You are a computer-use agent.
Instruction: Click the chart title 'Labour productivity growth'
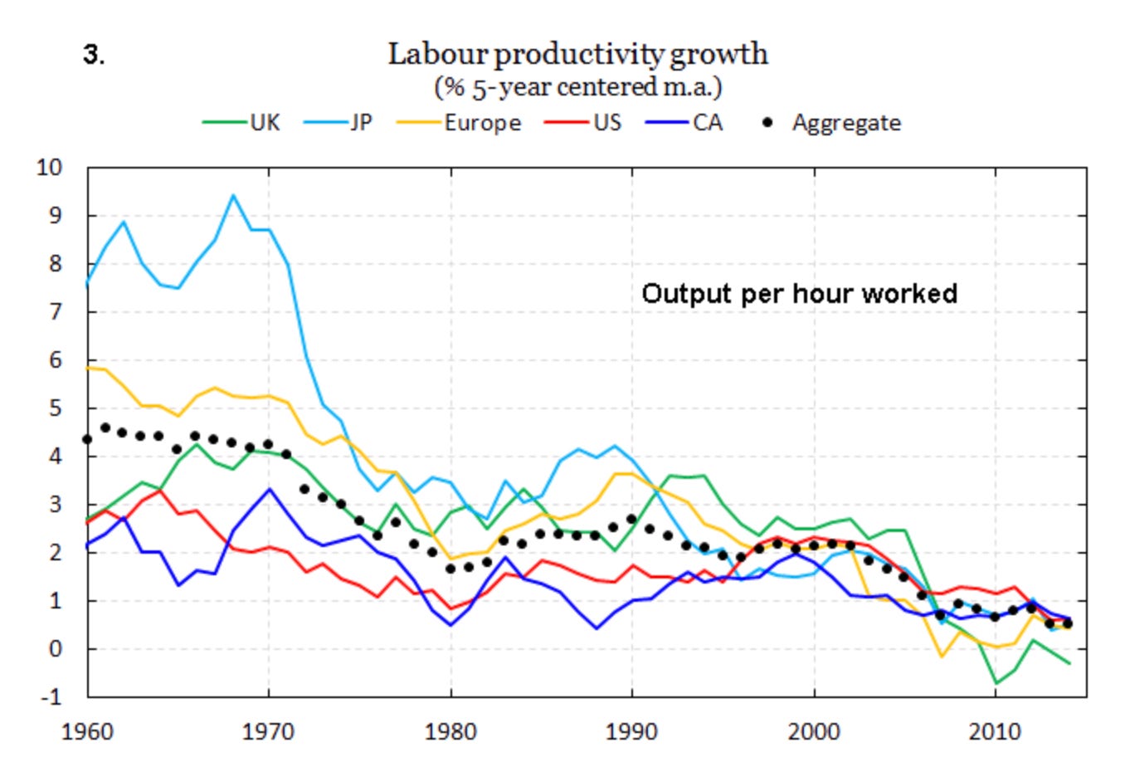(577, 54)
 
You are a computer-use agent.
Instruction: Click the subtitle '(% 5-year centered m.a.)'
(577, 86)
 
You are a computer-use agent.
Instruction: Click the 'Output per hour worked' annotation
(799, 294)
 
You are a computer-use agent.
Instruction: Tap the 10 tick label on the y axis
(49, 168)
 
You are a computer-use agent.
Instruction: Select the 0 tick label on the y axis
(56, 648)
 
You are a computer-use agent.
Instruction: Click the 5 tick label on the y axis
(56, 408)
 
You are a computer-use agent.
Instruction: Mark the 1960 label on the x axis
(87, 732)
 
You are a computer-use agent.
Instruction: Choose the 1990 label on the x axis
(632, 732)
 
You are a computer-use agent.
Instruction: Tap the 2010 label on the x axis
(996, 732)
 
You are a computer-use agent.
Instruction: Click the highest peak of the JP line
(233, 196)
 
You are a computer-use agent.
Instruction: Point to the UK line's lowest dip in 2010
(996, 683)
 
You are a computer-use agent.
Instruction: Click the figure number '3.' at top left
(93, 56)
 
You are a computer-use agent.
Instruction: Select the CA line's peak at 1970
(269, 489)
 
